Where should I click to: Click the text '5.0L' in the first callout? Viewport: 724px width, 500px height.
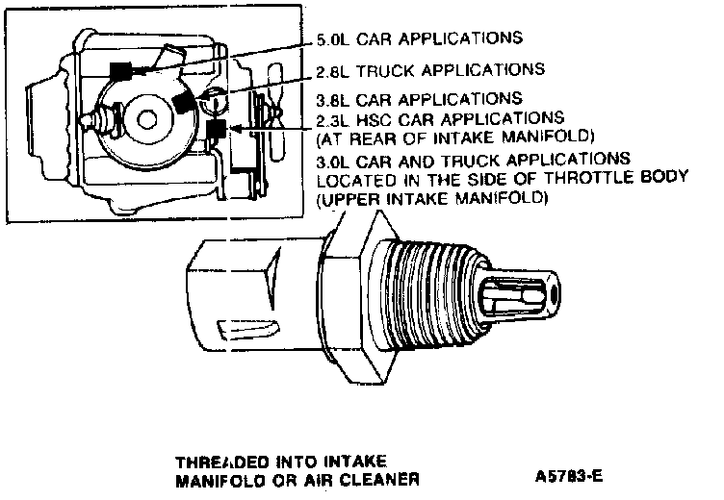(x=334, y=39)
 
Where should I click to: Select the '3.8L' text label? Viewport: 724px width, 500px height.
(x=333, y=99)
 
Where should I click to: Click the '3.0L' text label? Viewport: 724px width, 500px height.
(x=333, y=158)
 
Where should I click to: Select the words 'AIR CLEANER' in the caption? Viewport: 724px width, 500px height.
(x=374, y=477)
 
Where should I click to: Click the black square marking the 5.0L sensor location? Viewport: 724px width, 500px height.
(x=120, y=70)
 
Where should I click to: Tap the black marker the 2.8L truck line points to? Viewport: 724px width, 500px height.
(x=187, y=101)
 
